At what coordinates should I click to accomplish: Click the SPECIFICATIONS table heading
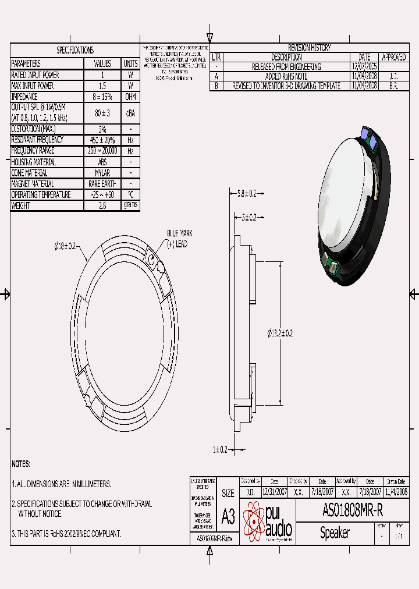tap(74, 51)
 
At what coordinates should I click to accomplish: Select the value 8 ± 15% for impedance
tap(102, 97)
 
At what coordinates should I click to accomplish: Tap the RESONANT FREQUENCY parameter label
tap(38, 140)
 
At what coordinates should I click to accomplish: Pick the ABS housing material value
tap(102, 162)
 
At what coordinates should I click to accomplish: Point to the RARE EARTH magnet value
tap(102, 184)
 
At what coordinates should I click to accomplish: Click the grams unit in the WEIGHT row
tap(130, 205)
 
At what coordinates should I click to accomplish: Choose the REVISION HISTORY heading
tap(309, 48)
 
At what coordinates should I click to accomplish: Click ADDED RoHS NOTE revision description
tap(286, 76)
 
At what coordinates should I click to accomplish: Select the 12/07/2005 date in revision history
tap(364, 67)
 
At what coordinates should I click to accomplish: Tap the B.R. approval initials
tap(393, 86)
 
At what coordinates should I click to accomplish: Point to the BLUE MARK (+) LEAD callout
tap(179, 237)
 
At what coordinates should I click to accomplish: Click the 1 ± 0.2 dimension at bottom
tap(219, 449)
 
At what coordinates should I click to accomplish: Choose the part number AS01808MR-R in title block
tap(352, 511)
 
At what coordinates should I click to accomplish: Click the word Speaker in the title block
tap(335, 533)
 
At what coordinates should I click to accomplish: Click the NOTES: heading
tap(21, 464)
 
